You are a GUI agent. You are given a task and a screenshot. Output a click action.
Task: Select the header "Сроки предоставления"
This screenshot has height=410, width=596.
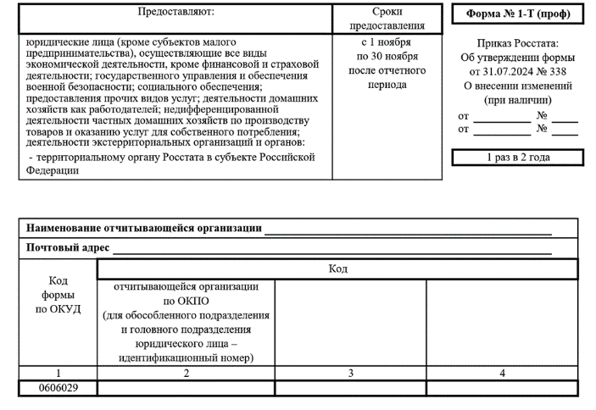(387, 19)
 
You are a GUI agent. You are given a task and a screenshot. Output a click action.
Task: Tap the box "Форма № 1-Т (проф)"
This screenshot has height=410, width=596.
(517, 15)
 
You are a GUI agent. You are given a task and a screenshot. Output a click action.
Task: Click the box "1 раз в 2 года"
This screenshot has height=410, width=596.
(517, 158)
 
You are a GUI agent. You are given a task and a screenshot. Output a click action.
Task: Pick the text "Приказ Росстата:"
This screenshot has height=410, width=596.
(517, 43)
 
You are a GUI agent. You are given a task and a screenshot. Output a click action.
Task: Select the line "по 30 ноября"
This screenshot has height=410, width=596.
(387, 55)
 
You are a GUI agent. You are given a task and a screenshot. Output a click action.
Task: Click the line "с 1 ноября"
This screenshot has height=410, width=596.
(387, 42)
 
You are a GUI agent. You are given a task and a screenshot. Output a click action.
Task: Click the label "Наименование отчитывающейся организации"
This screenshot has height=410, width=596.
(143, 229)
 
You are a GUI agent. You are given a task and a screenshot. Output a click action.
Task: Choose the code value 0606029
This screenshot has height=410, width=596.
(58, 387)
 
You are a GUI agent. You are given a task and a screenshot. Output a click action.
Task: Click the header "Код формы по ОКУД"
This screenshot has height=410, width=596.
(58, 294)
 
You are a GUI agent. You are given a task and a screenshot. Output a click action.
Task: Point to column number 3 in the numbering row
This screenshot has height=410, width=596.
(349, 372)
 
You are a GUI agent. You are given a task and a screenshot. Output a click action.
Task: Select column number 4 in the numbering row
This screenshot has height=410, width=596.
(502, 372)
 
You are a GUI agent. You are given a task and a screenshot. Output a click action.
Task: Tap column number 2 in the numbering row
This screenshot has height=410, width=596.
(186, 372)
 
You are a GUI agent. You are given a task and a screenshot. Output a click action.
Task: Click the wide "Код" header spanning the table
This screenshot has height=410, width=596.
(337, 269)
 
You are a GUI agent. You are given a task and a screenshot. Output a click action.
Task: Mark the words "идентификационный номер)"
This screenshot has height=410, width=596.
(187, 358)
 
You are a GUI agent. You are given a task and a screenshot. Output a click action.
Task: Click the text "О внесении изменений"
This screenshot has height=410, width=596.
(517, 86)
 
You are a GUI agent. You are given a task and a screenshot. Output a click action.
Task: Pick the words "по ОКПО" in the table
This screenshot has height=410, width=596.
(187, 301)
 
